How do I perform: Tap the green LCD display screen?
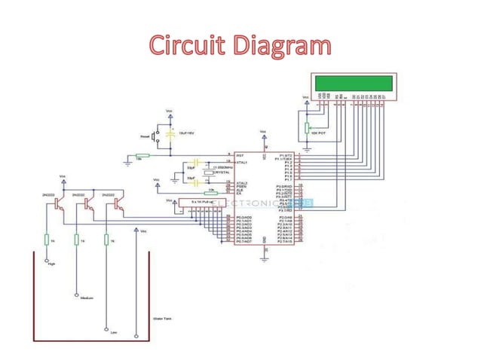click(x=353, y=82)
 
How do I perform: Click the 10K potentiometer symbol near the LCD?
click(x=307, y=128)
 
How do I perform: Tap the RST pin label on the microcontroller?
click(x=240, y=155)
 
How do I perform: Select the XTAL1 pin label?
click(x=242, y=162)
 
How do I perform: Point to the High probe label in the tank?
click(x=51, y=264)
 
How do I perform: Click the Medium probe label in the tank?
click(x=85, y=298)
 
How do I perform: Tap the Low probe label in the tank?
click(x=113, y=332)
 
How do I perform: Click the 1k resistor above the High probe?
click(x=47, y=239)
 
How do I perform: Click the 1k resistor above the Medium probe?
click(x=76, y=239)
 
